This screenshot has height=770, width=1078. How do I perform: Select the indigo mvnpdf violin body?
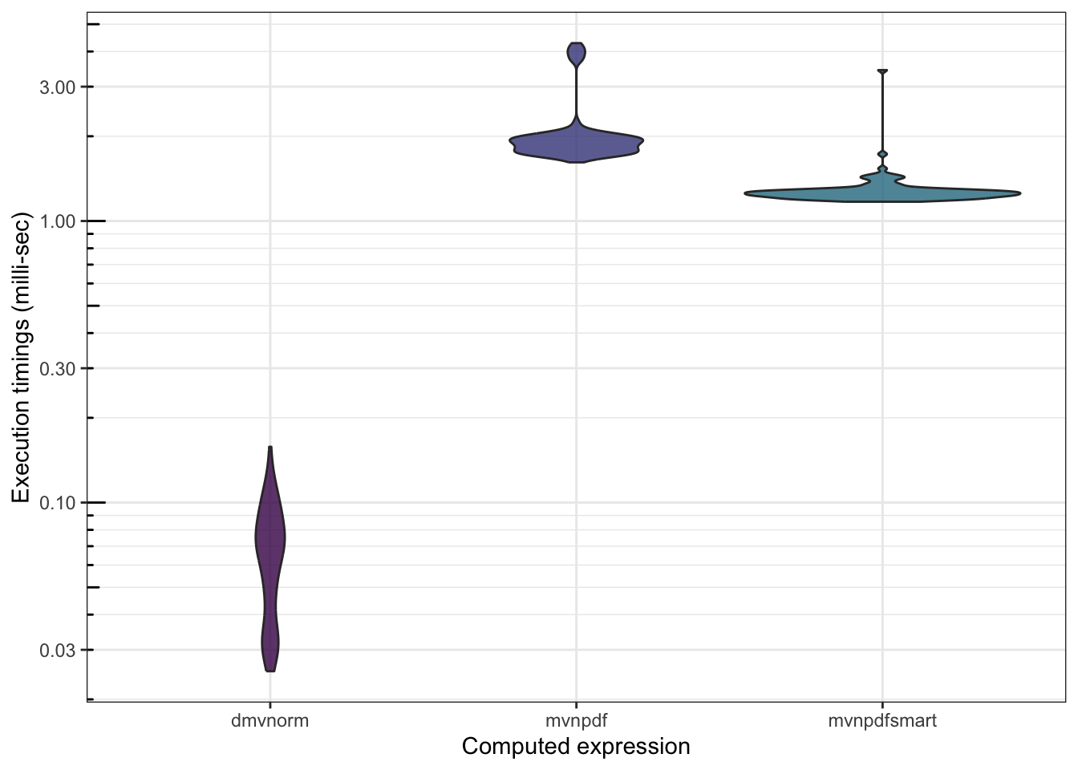(x=576, y=145)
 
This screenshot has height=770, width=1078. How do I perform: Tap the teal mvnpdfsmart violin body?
(x=882, y=192)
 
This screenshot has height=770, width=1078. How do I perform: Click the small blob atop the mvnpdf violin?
(x=576, y=54)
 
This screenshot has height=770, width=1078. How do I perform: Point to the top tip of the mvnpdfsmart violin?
(x=882, y=71)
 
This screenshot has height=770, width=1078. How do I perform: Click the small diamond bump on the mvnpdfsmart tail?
(x=882, y=154)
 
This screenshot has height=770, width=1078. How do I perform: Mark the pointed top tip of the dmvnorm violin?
(x=270, y=448)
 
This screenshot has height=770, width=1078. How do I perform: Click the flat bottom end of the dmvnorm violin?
(x=270, y=670)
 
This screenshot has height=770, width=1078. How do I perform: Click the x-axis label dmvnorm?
(x=269, y=720)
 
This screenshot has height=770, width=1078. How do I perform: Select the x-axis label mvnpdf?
(x=576, y=720)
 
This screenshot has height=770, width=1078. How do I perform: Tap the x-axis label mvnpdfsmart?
(x=882, y=720)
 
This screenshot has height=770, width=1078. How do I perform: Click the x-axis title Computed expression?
(x=576, y=747)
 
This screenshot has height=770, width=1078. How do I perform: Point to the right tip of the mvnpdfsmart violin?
(x=1019, y=192)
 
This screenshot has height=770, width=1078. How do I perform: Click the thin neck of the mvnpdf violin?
(x=576, y=92)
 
